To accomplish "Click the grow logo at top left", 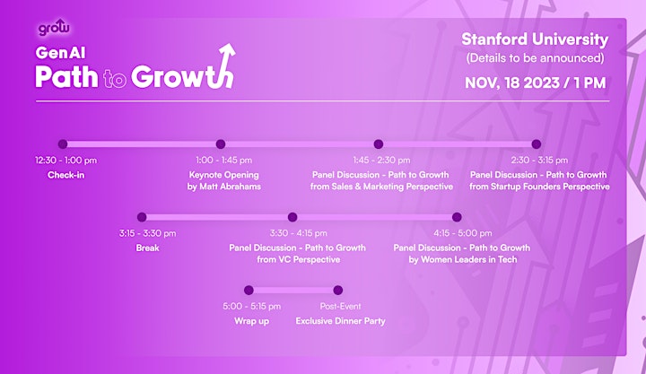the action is coord(54,28).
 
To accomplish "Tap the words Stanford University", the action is coord(535,39).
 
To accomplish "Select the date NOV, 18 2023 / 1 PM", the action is coord(535,83).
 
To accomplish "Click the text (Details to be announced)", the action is coord(535,58).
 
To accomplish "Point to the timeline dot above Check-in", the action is coord(63,144).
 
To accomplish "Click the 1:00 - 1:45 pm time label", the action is coord(223,161).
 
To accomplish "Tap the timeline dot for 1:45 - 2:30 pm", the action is coord(379,144).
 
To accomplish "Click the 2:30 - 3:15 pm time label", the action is coord(539,161).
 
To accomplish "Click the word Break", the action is coord(147,248).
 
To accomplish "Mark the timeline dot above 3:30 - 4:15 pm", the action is coord(292,217).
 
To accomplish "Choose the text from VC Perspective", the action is coord(298,259).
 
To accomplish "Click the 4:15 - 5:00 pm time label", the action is coord(462,233).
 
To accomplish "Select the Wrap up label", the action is coord(251,321).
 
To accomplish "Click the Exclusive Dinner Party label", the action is coord(340,321).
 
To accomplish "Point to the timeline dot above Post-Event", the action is coord(338,291).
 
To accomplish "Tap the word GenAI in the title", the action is coord(60,53).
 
